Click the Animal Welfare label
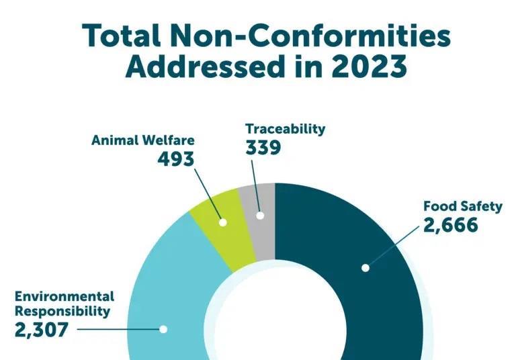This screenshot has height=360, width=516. tap(142, 140)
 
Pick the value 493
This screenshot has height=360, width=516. tap(175, 159)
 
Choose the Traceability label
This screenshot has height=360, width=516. tap(285, 128)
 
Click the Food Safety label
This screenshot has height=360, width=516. tap(462, 206)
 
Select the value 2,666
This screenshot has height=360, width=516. tap(450, 225)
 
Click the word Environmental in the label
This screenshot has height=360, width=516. tap(64, 296)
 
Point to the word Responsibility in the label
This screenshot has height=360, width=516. tap(62, 311)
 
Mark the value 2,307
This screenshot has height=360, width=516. tap(41, 330)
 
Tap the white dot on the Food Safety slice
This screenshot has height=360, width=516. tap(365, 267)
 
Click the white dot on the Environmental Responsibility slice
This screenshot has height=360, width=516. tap(163, 329)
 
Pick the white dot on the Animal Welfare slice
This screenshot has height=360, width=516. tap(223, 222)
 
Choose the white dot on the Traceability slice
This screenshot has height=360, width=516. tap(260, 216)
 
